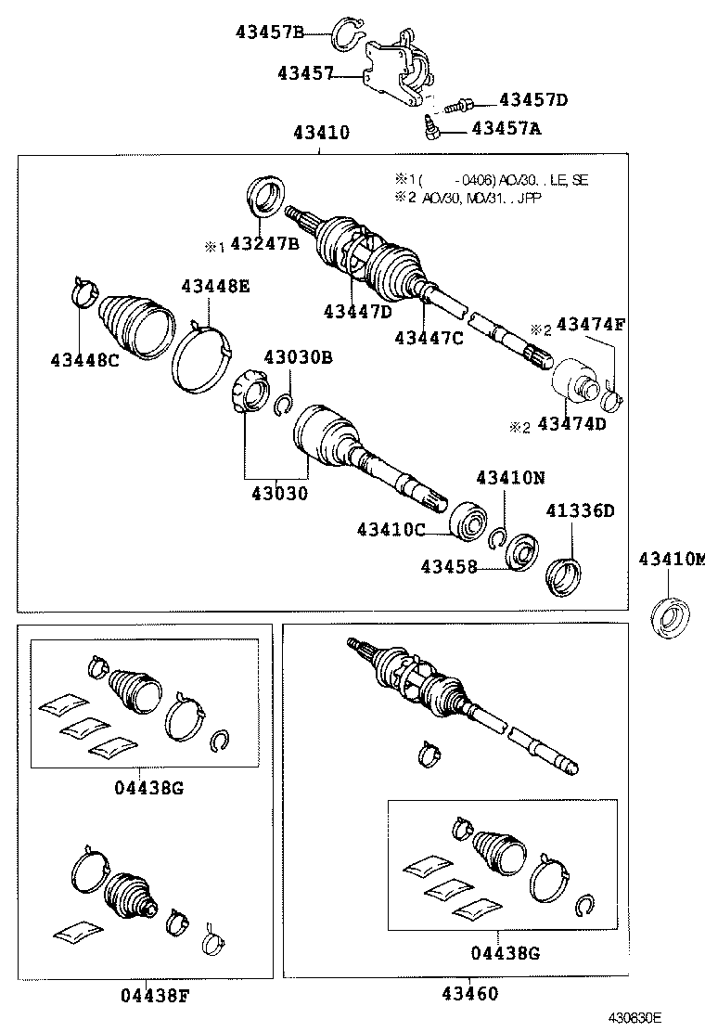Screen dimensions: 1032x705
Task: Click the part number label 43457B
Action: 270,32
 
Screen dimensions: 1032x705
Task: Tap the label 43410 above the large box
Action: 321,133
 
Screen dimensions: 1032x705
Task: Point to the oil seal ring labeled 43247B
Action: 265,199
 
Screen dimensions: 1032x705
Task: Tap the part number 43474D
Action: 571,425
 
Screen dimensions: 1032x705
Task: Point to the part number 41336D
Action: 580,510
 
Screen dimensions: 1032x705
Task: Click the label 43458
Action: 449,565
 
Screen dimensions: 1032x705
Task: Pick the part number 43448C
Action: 84,360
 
